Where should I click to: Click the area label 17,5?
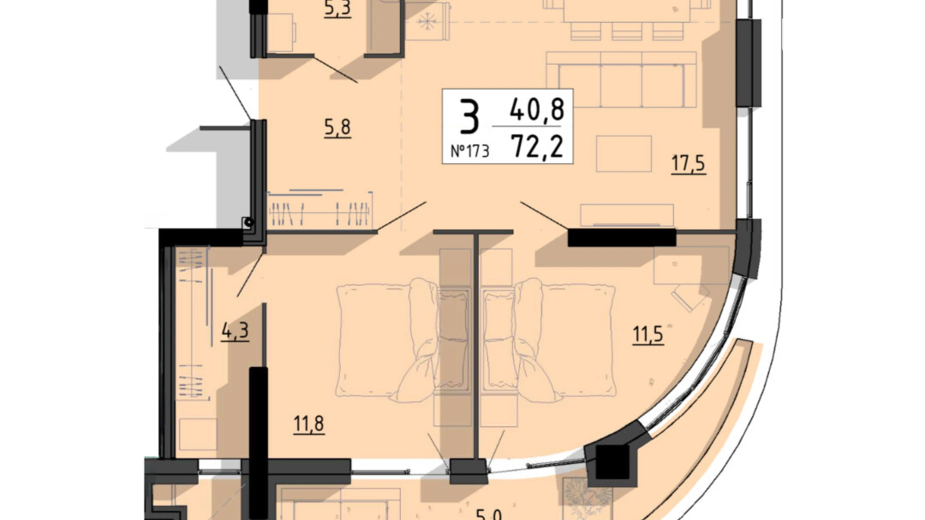point(687,163)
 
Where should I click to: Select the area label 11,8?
point(308,424)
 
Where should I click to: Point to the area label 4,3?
point(234,331)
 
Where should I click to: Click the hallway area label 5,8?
point(337,127)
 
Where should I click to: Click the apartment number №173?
point(469,150)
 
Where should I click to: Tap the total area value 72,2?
point(537,147)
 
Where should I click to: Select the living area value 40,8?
point(537,109)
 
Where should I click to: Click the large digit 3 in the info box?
point(469,117)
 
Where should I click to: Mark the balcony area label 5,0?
point(488,514)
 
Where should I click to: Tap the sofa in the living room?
point(621,80)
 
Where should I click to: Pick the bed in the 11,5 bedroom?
point(565,340)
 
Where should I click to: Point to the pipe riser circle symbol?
point(248,222)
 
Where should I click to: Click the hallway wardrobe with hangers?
point(320,210)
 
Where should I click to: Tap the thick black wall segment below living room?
point(621,237)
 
